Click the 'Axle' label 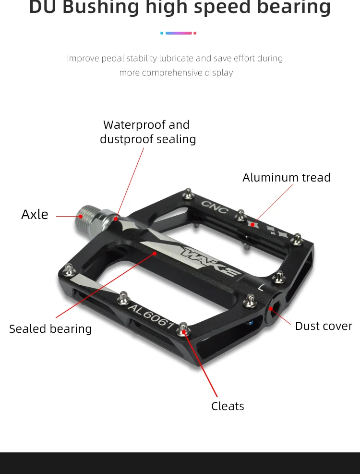pyautogui.click(x=35, y=214)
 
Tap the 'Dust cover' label pyautogui.click(x=324, y=326)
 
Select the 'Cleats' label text pyautogui.click(x=228, y=406)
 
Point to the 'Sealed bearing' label pyautogui.click(x=50, y=329)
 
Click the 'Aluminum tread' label pyautogui.click(x=287, y=178)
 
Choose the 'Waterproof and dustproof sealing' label pyautogui.click(x=148, y=132)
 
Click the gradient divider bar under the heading pyautogui.click(x=178, y=33)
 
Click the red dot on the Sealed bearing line pyautogui.click(x=155, y=253)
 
